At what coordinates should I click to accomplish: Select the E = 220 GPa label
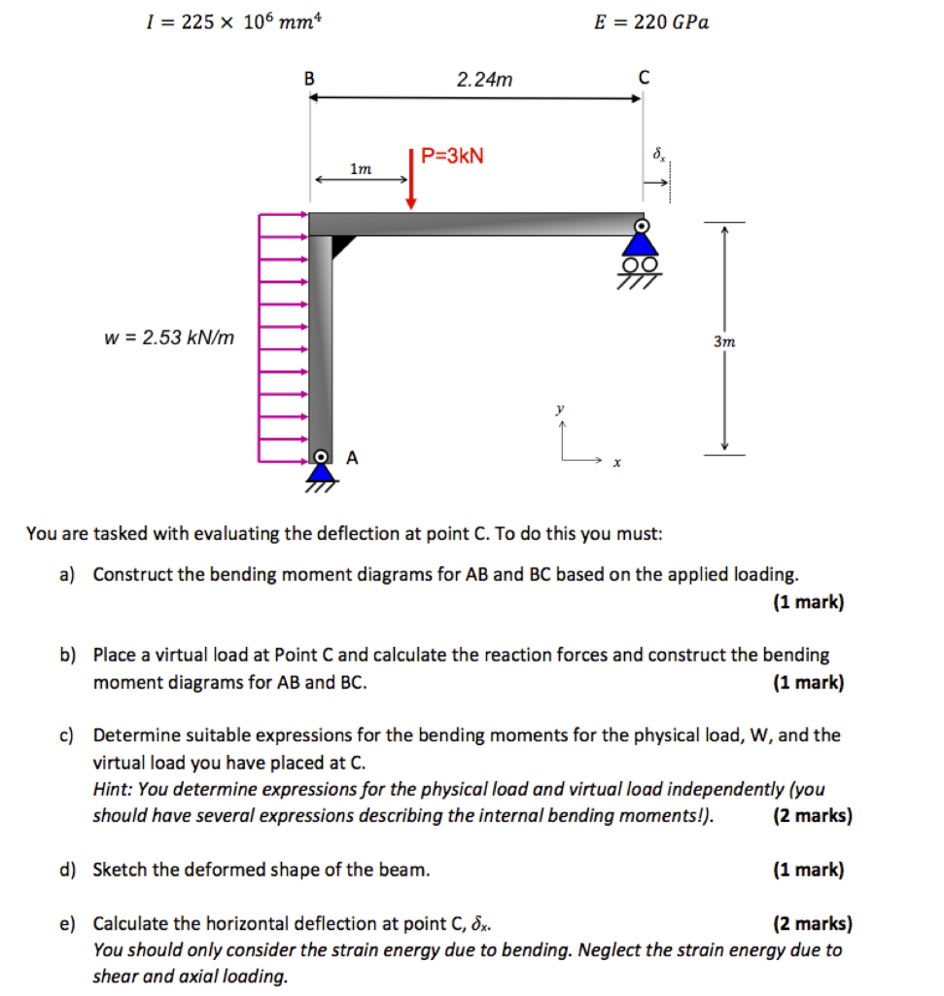(651, 21)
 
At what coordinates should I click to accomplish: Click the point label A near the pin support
(352, 456)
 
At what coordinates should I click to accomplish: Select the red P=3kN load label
(452, 156)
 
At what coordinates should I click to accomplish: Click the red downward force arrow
(412, 180)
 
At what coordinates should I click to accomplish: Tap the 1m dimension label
(360, 169)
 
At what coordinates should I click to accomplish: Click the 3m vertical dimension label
(724, 341)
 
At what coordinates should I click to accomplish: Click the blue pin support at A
(320, 470)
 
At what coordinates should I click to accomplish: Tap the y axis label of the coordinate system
(560, 410)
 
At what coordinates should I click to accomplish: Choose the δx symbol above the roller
(659, 155)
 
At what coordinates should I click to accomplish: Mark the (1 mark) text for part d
(809, 870)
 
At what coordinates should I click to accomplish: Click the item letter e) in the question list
(67, 923)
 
